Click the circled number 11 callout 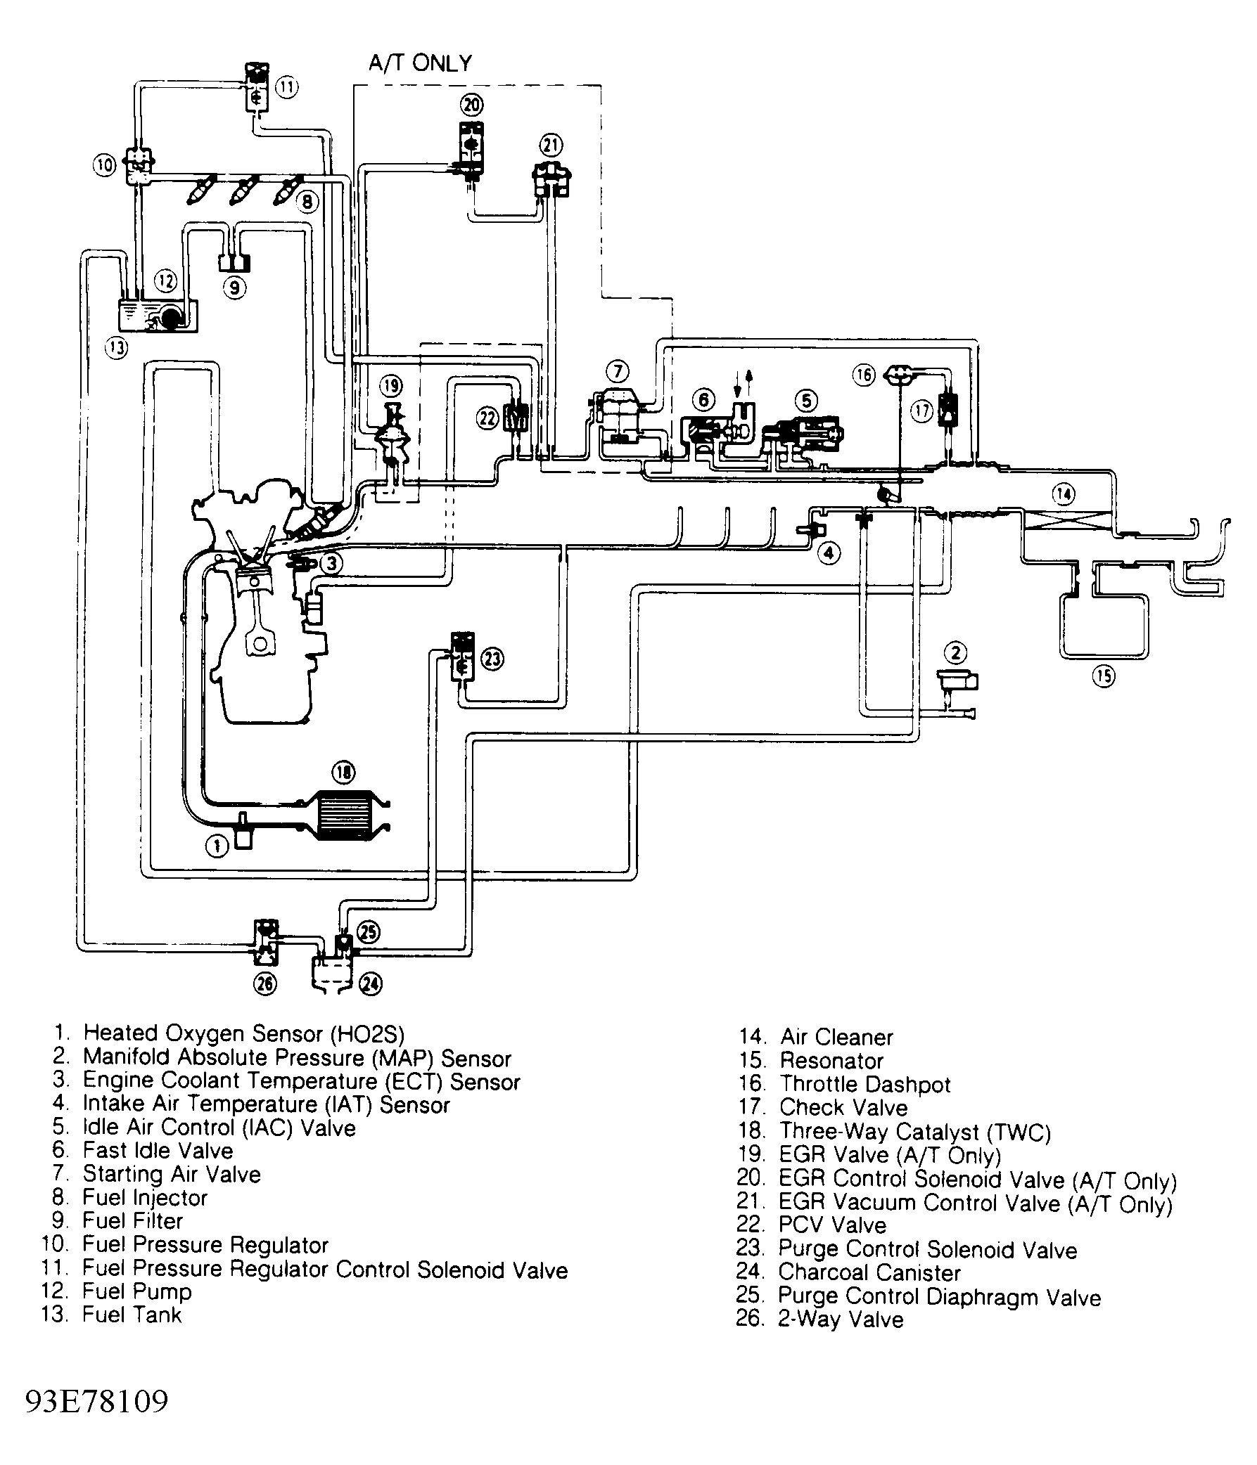pos(286,88)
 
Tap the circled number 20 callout pos(472,105)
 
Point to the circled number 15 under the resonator pos(1104,677)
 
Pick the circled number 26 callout pos(266,983)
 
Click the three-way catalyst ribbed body pos(345,814)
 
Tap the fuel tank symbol pos(158,316)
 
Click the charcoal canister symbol pos(333,972)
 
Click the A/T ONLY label pos(420,64)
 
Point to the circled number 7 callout pos(618,371)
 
